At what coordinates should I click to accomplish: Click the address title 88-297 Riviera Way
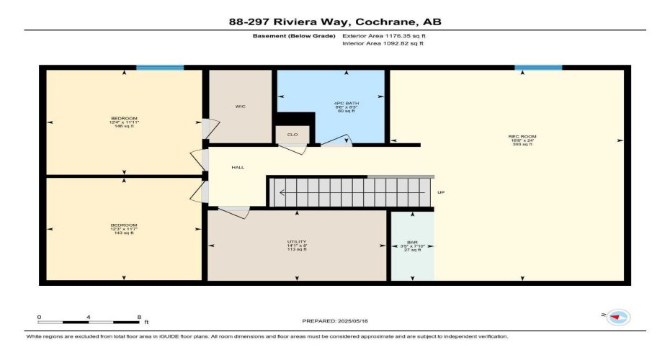335,21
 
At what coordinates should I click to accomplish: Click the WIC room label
241,107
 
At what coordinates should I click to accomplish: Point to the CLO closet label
292,135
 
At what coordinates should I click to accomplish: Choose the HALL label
238,168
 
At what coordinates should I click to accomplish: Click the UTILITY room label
297,242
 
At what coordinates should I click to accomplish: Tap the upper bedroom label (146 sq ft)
124,119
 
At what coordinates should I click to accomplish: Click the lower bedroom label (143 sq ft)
124,225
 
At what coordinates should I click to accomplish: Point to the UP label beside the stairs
442,193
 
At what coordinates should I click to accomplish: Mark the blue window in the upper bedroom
159,68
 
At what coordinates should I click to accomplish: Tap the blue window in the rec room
538,68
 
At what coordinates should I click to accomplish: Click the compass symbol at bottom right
618,317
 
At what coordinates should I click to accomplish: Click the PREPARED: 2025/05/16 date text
335,322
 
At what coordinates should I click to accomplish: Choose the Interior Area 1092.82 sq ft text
383,44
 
